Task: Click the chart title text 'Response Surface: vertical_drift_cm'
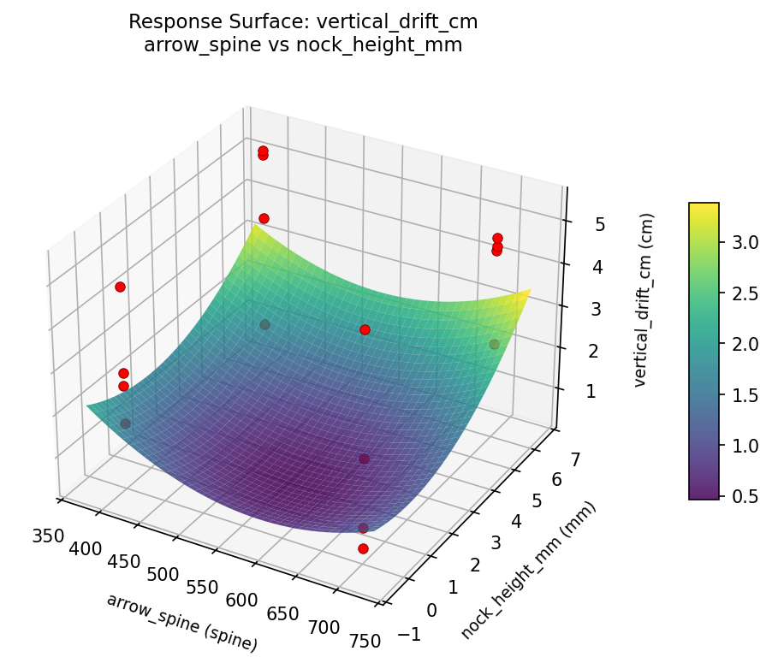pos(303,21)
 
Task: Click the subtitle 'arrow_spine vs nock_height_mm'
pos(303,45)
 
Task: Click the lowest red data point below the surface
pos(363,548)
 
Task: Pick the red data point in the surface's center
pos(365,329)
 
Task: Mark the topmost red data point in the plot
pos(263,151)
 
